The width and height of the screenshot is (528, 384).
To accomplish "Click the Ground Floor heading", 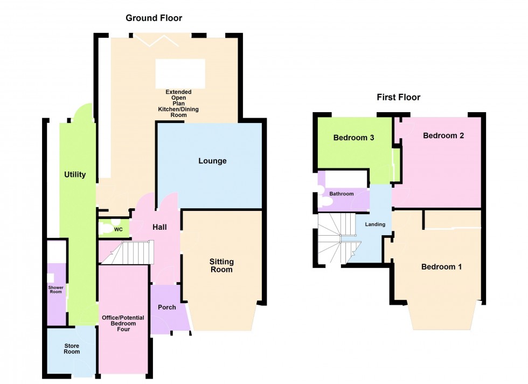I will (x=154, y=18).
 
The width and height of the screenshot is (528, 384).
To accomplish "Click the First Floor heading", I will (x=398, y=98).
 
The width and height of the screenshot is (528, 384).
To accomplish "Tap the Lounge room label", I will (x=212, y=161).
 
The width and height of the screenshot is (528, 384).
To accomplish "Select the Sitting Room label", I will (x=221, y=265).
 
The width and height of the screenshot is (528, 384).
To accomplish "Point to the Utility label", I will (x=75, y=175).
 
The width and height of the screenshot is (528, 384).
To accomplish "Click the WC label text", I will (x=119, y=230).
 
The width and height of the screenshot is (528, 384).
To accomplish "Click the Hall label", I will (x=158, y=227).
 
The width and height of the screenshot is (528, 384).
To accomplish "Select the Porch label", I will (x=166, y=307).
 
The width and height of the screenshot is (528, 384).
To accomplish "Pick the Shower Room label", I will (x=56, y=290).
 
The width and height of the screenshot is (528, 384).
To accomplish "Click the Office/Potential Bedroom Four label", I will (x=123, y=323).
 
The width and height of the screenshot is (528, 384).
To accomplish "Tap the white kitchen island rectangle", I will (x=180, y=74).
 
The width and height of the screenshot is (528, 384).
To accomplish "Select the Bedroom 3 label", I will (x=353, y=138).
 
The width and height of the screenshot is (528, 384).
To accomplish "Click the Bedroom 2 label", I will (x=443, y=136).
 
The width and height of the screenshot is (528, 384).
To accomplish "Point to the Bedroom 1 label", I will (x=441, y=267).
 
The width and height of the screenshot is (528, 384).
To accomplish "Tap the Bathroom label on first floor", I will (x=342, y=194).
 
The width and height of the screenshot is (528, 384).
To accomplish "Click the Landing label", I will (x=375, y=224).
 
